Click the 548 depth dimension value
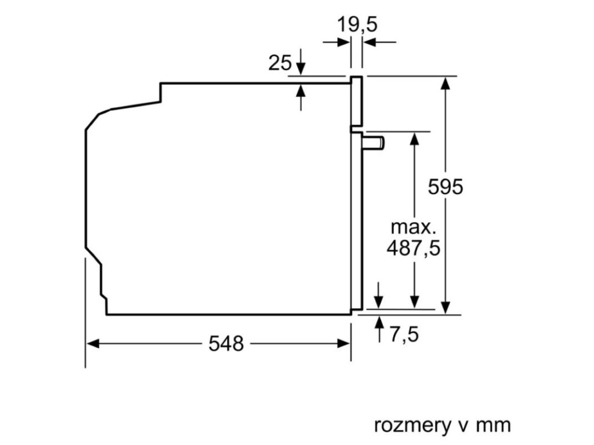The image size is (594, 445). (226, 344)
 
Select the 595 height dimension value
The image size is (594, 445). (445, 187)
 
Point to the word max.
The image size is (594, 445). (413, 226)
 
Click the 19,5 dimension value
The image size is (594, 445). (357, 25)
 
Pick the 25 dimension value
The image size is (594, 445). (280, 63)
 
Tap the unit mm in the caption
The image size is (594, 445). (494, 425)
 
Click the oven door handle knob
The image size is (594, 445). (375, 143)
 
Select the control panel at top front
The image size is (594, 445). (356, 102)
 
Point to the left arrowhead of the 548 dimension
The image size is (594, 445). (92, 344)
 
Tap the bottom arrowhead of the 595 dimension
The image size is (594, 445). (445, 308)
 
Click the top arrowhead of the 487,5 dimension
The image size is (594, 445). (414, 138)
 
